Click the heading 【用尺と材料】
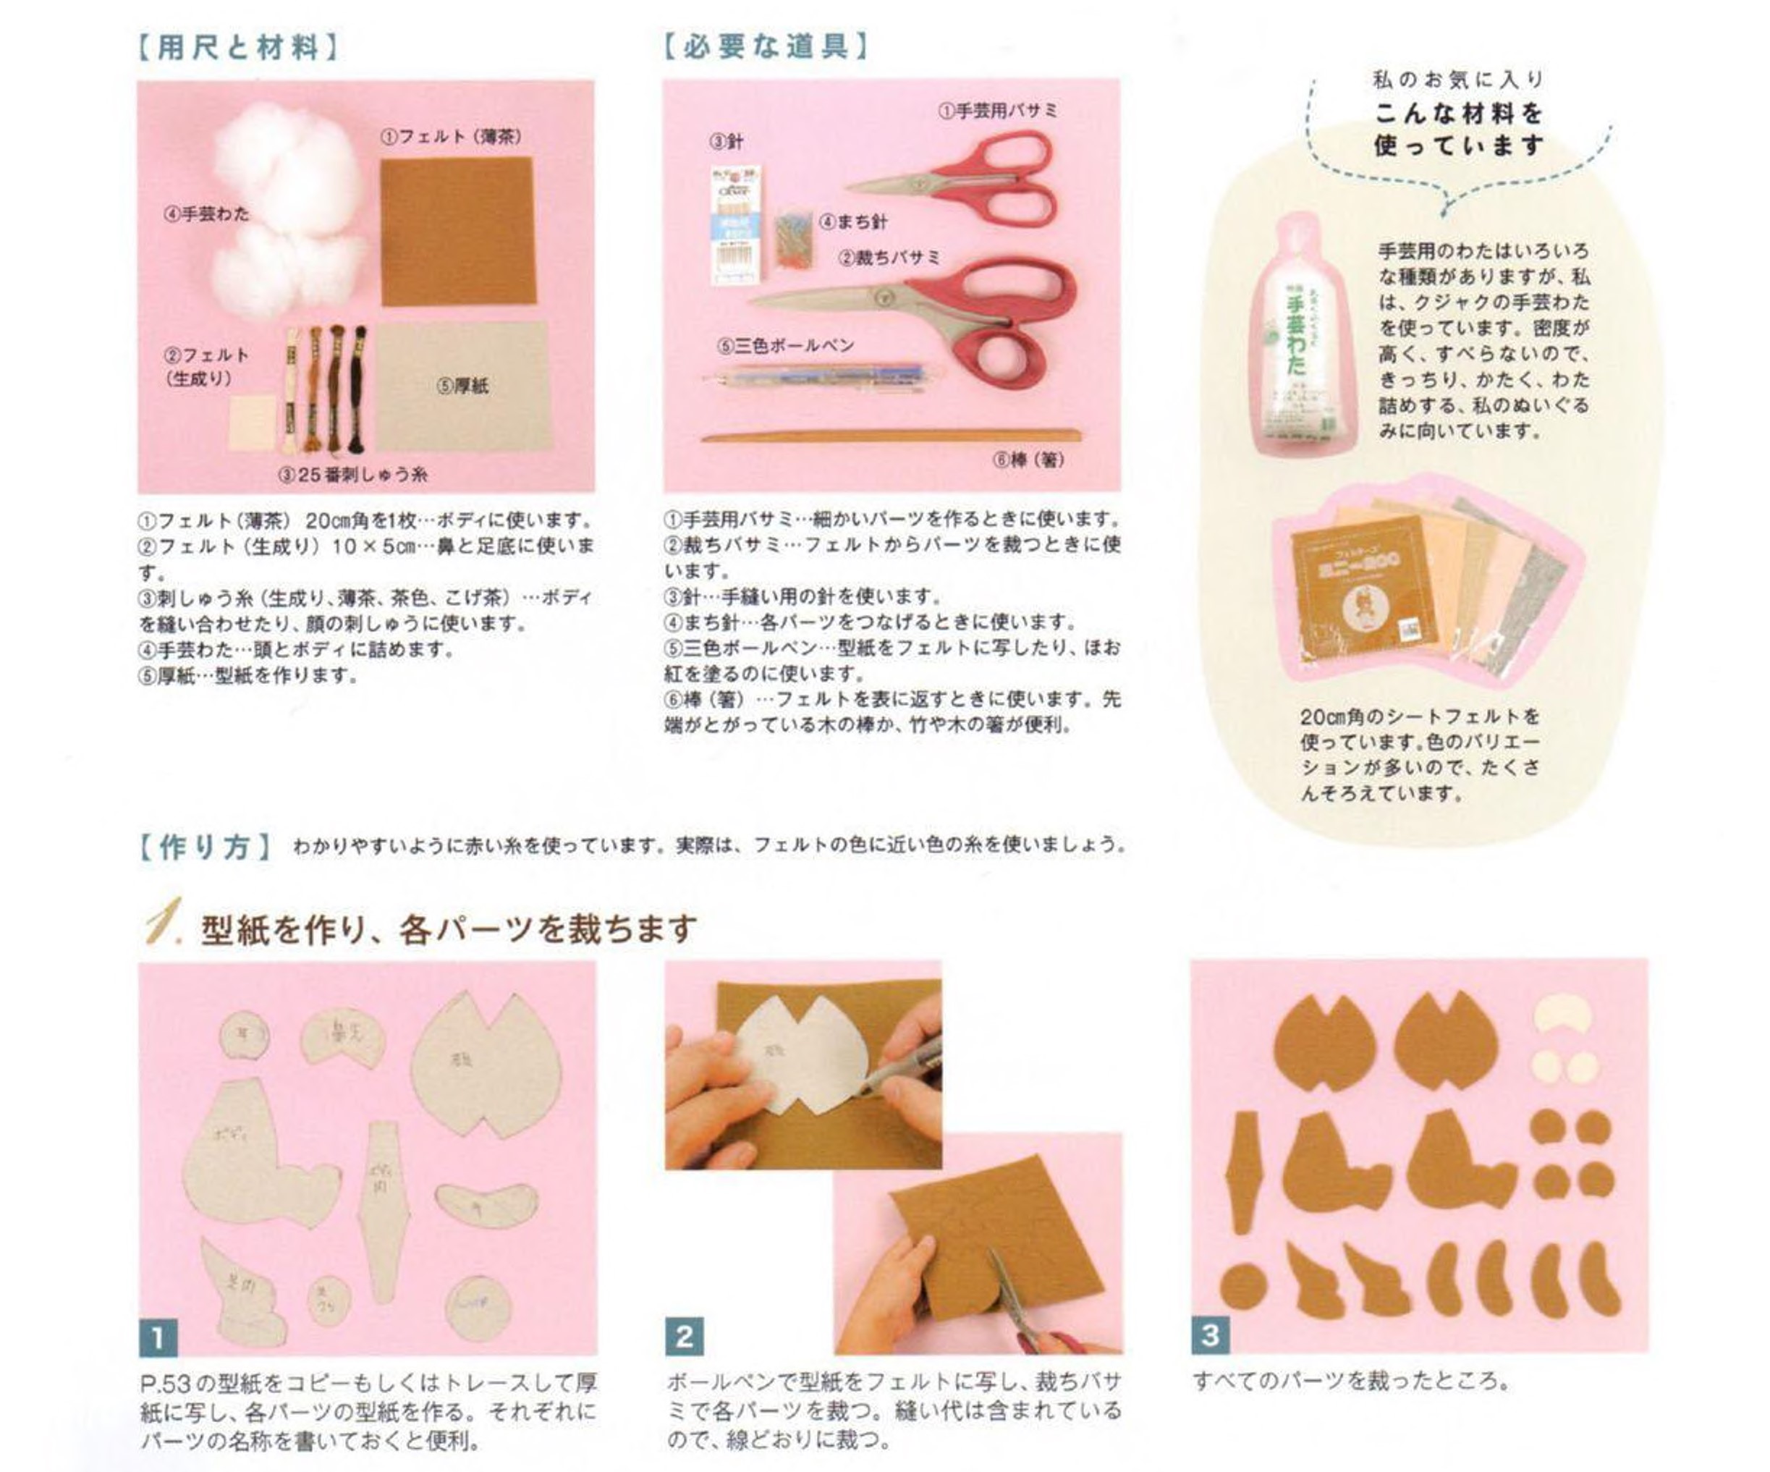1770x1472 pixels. pos(237,47)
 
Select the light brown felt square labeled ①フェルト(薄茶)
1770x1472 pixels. pos(457,231)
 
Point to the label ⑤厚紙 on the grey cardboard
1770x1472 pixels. pos(462,386)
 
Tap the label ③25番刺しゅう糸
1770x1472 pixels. pos(353,475)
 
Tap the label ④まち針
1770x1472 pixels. pos(852,221)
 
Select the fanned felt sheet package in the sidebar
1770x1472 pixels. pos(1424,586)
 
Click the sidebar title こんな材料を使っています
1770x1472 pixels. pos(1458,129)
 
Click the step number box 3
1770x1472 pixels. pos(1209,1335)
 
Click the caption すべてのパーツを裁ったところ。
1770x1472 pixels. pos(1349,1381)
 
